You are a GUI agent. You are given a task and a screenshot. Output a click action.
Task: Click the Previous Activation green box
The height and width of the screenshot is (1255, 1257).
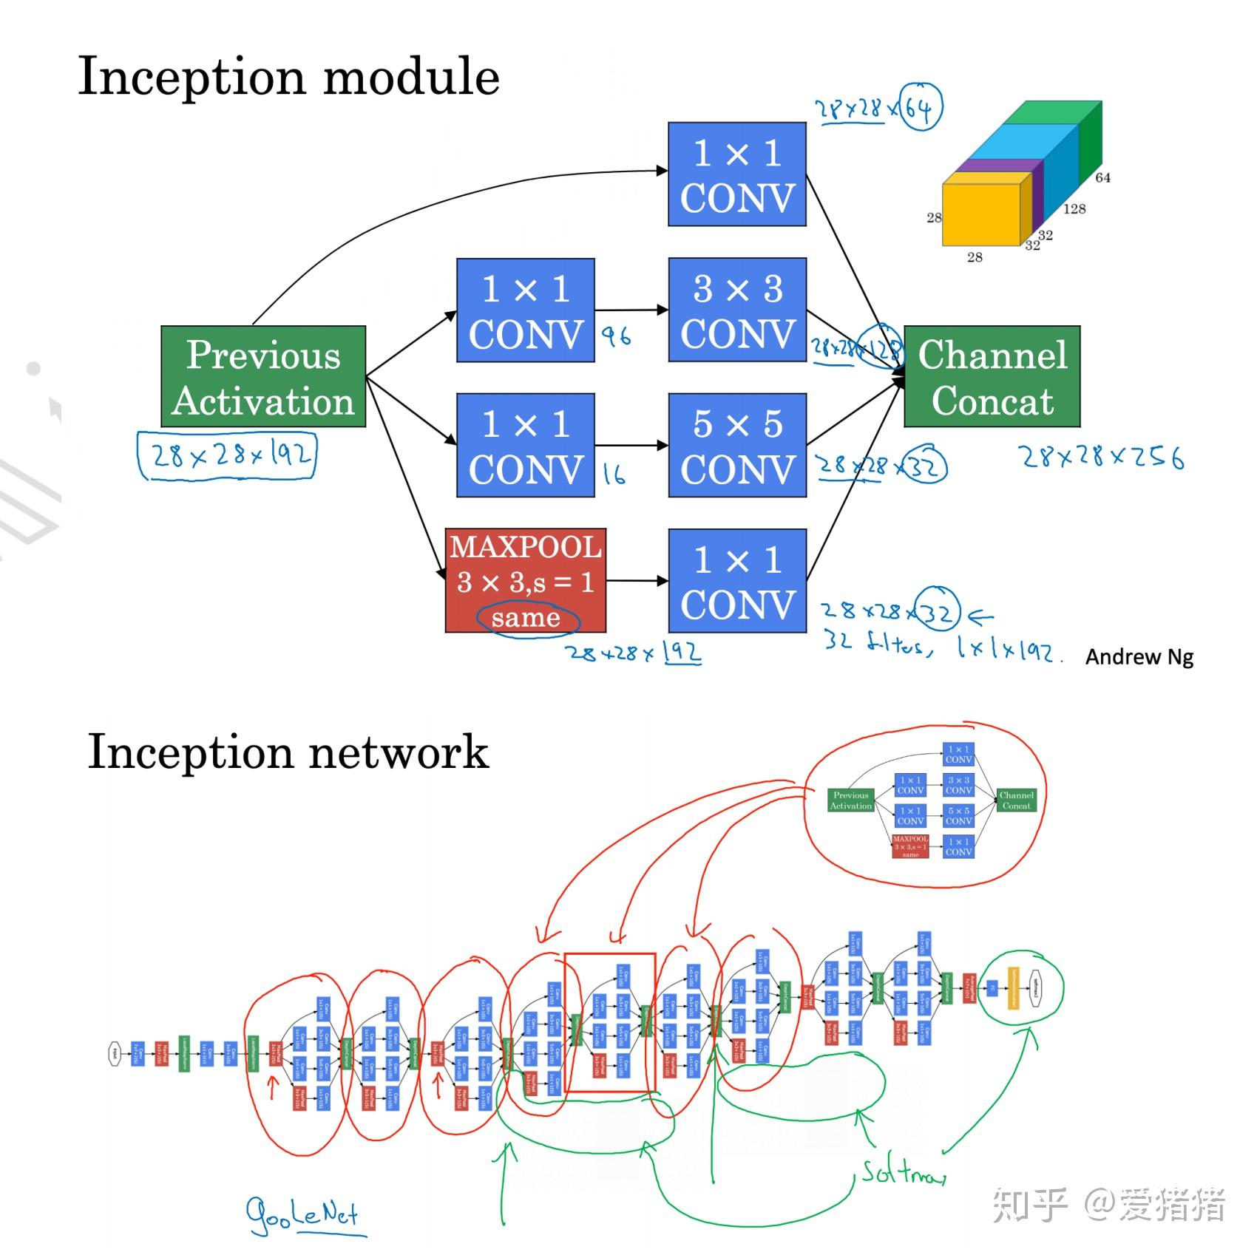click(x=263, y=376)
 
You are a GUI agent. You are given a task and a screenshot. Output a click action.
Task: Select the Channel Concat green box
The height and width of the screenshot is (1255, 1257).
click(x=992, y=376)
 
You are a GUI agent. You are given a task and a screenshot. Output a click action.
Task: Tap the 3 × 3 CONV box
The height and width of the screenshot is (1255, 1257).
click(x=736, y=310)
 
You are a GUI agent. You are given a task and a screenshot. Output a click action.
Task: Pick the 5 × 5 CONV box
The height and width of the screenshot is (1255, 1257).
click(x=736, y=445)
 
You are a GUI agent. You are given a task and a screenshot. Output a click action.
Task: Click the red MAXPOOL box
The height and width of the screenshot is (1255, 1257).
click(x=525, y=580)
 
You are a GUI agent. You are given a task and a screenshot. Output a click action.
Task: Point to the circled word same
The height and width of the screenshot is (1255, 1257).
click(x=526, y=618)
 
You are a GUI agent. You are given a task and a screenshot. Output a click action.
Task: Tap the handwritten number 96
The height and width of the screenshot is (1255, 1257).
click(x=615, y=337)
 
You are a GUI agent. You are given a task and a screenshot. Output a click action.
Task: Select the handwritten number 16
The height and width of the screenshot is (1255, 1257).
click(x=614, y=474)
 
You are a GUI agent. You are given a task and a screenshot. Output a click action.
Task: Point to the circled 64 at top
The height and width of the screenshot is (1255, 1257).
click(x=921, y=108)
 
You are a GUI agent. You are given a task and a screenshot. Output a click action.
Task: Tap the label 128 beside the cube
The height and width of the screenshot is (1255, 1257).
click(x=1074, y=209)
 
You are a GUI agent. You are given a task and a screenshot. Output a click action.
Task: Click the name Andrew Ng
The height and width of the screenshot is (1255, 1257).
click(x=1139, y=656)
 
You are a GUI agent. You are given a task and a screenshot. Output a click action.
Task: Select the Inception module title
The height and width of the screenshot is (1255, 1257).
click(x=288, y=77)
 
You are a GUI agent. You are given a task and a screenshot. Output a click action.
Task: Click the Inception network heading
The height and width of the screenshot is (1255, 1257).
click(x=288, y=752)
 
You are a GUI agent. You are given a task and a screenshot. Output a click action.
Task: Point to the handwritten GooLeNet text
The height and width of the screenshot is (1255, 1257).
click(x=303, y=1214)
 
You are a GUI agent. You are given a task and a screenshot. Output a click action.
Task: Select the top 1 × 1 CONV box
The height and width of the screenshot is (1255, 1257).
click(x=736, y=174)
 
